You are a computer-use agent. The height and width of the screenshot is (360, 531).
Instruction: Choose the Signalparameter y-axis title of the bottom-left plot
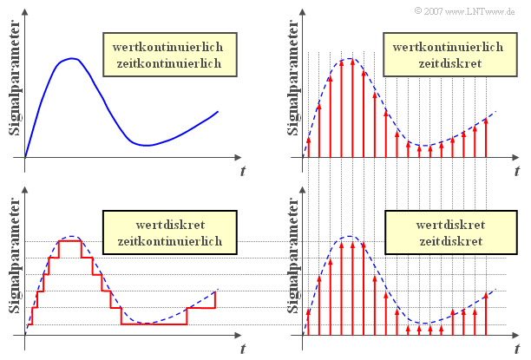pyautogui.click(x=14, y=260)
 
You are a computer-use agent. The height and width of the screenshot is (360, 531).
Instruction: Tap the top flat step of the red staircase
pyautogui.click(x=69, y=240)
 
